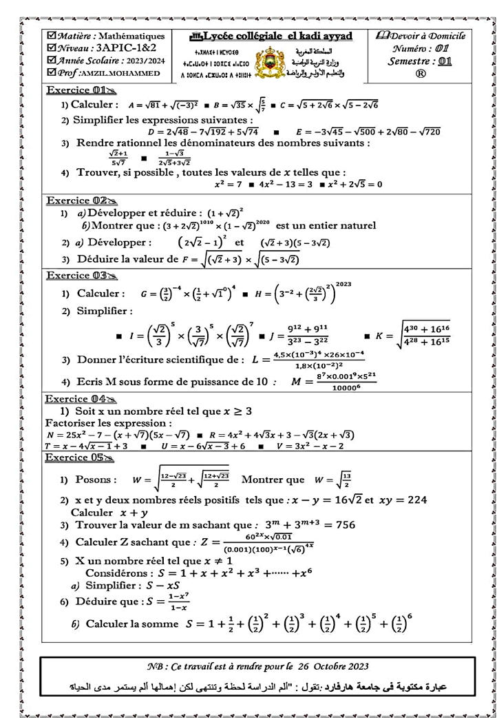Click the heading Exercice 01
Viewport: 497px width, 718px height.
(75, 90)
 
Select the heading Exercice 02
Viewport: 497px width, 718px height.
(75, 201)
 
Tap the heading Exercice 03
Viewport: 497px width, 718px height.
(75, 276)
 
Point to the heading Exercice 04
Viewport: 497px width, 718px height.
(75, 399)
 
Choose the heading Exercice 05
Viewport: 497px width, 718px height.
(75, 457)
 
